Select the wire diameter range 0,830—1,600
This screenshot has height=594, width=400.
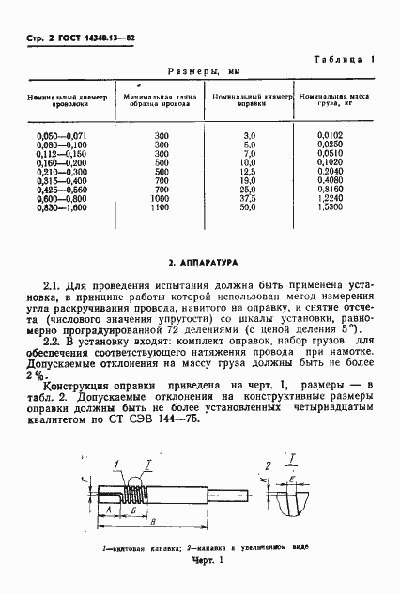click(59, 219)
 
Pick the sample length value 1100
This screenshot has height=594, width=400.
click(161, 219)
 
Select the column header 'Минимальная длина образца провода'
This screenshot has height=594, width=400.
click(161, 100)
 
